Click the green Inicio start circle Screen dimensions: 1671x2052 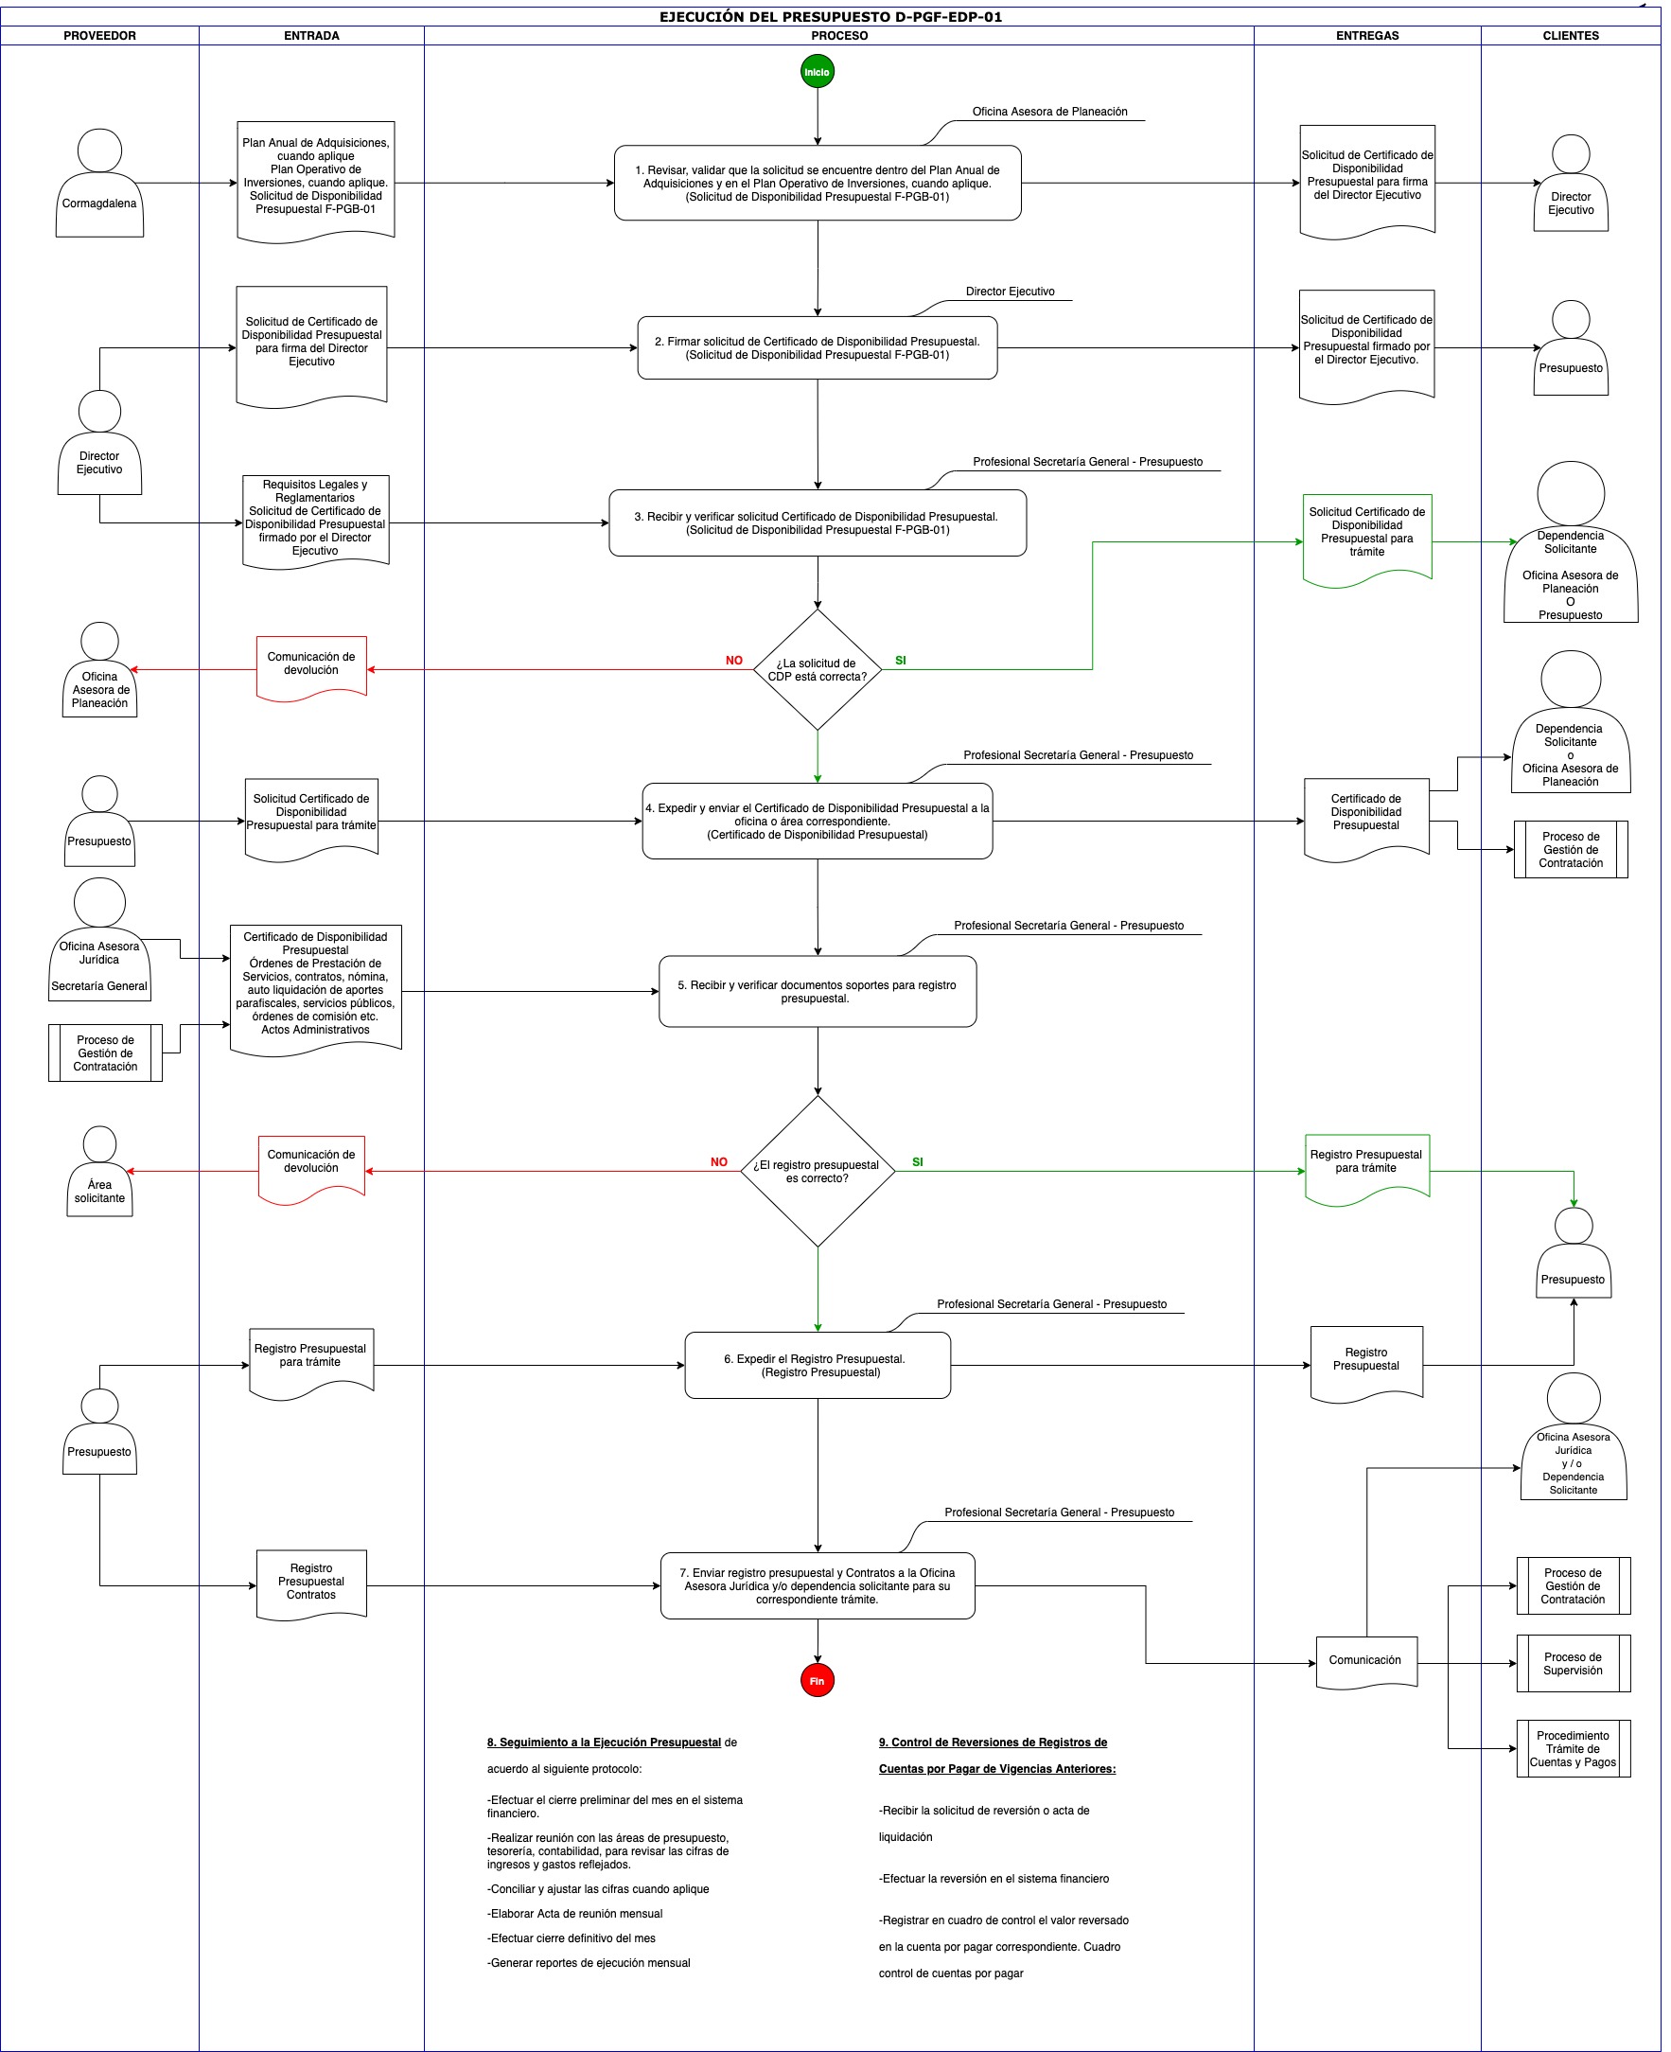pos(818,71)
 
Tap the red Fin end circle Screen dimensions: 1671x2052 pos(818,1680)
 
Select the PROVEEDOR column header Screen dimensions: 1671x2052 pos(100,36)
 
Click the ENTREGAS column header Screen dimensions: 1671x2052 pos(1368,36)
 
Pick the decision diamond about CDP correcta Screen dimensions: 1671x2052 pos(818,669)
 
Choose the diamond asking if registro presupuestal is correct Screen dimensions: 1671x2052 pos(818,1171)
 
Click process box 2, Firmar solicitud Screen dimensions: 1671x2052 pos(818,347)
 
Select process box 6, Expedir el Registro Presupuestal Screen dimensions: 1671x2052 pos(818,1366)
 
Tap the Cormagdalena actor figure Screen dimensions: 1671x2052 pos(99,183)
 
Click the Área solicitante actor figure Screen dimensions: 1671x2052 pos(99,1171)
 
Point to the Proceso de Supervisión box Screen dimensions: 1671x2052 pos(1573,1663)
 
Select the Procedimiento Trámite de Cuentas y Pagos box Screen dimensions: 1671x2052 pos(1573,1748)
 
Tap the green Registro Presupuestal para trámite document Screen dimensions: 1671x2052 pos(1367,1169)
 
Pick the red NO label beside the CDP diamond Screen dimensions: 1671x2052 pos(733,661)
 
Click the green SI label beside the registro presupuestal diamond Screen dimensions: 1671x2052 pos(917,1162)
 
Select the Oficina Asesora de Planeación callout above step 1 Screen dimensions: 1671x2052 pos(1049,112)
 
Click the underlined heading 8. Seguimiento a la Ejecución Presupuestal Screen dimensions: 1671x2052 pos(604,1742)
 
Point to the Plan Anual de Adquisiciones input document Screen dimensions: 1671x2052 pos(316,181)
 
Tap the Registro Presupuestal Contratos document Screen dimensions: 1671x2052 pos(311,1584)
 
